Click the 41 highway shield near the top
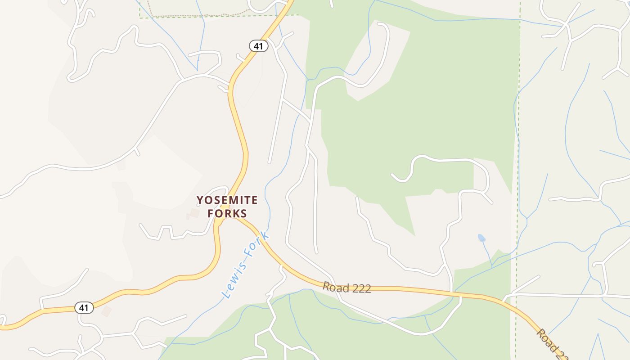tap(259, 45)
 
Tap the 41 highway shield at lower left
tap(84, 308)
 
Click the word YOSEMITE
tap(227, 200)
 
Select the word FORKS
tap(227, 213)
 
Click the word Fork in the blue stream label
tap(260, 243)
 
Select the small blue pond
tap(481, 238)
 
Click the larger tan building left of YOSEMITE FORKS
tap(194, 212)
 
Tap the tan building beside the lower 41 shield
tap(107, 311)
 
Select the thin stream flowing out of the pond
tap(487, 255)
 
